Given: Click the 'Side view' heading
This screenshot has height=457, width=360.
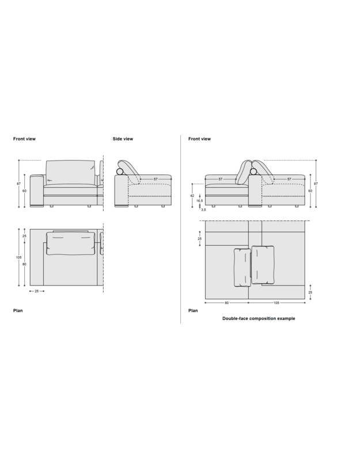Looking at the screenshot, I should click(x=123, y=139).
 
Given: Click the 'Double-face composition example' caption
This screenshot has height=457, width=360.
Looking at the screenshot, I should click(x=259, y=318).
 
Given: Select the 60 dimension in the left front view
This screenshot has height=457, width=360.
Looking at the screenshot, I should click(x=24, y=190).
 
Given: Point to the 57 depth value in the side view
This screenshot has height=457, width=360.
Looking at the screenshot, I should click(x=156, y=179).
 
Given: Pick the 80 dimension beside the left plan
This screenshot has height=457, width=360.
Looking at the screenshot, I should click(x=24, y=264).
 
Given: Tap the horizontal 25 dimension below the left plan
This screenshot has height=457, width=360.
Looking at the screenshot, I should click(x=37, y=291).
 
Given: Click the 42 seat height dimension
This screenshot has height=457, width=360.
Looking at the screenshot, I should click(x=192, y=196).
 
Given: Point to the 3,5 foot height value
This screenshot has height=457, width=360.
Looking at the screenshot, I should click(x=203, y=210).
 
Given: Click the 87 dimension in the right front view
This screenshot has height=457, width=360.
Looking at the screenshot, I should click(x=317, y=184).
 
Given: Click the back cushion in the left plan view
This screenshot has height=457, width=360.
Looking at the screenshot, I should click(x=70, y=244).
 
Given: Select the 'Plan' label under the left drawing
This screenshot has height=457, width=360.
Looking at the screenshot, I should click(x=18, y=310).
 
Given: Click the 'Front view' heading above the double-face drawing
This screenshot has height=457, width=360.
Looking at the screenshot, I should click(x=199, y=139).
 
